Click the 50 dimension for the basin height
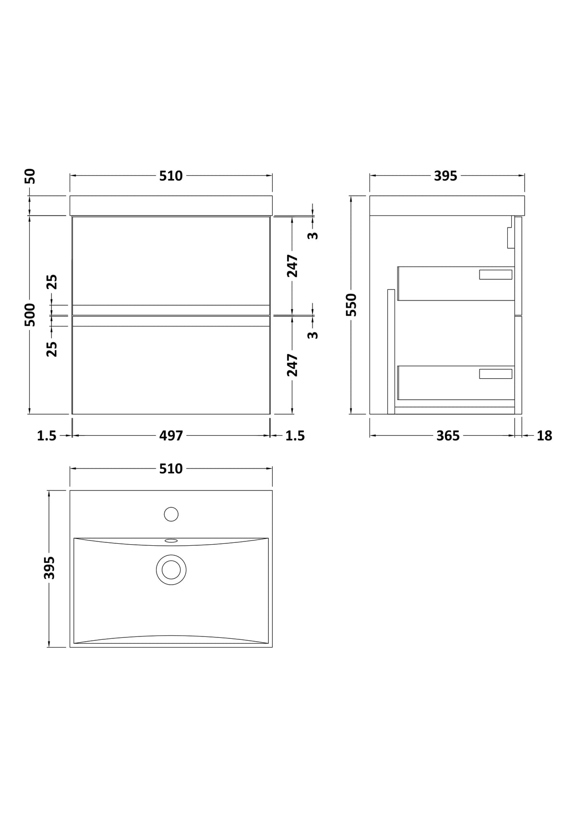31,176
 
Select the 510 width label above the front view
171,176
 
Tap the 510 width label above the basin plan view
171,468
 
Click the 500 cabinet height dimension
31,315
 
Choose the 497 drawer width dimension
171,435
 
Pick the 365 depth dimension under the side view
448,435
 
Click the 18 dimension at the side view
544,435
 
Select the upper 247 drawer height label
292,266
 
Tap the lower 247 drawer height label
292,365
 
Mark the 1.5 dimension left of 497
47,435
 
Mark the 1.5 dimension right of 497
295,435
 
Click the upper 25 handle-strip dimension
52,282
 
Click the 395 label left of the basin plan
49,568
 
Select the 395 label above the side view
445,176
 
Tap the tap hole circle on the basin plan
171,515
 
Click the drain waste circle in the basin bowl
171,570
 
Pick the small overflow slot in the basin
171,541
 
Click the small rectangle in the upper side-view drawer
495,275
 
